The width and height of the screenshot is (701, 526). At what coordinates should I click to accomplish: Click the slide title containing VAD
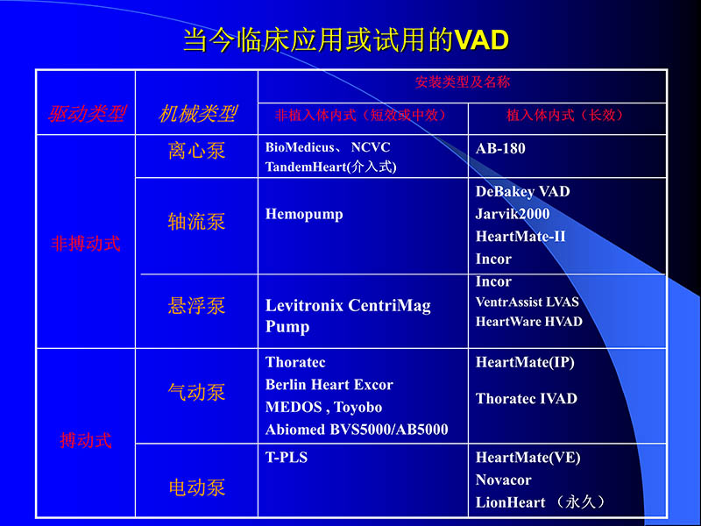tap(345, 39)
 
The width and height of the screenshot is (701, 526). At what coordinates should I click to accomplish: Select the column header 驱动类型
tap(86, 114)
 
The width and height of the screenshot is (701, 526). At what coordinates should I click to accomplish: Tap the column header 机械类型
tap(197, 114)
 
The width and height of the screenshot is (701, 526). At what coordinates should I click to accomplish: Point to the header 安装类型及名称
tap(463, 82)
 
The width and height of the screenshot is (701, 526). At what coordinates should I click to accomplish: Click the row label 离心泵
tap(196, 151)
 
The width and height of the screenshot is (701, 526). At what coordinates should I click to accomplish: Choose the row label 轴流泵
tap(196, 221)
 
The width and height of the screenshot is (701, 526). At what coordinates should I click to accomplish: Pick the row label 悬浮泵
tap(196, 306)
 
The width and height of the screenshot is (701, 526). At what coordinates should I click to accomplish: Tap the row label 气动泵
tap(196, 392)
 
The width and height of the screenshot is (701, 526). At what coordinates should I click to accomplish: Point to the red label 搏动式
tap(86, 440)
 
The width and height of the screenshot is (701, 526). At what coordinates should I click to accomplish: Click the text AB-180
tap(500, 149)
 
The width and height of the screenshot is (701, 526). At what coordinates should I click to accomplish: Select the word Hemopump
tap(304, 215)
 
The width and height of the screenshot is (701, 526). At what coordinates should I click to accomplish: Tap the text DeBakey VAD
tap(522, 191)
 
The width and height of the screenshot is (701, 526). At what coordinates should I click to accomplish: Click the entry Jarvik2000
tap(513, 214)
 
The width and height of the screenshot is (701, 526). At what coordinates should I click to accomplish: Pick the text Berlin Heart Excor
tap(329, 385)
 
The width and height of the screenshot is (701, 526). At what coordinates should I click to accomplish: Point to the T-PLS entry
tap(287, 458)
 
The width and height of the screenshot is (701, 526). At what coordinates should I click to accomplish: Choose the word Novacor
tap(504, 480)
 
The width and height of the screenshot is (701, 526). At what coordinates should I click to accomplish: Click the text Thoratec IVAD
tap(526, 399)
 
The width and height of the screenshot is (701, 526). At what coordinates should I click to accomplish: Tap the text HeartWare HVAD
tap(528, 322)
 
